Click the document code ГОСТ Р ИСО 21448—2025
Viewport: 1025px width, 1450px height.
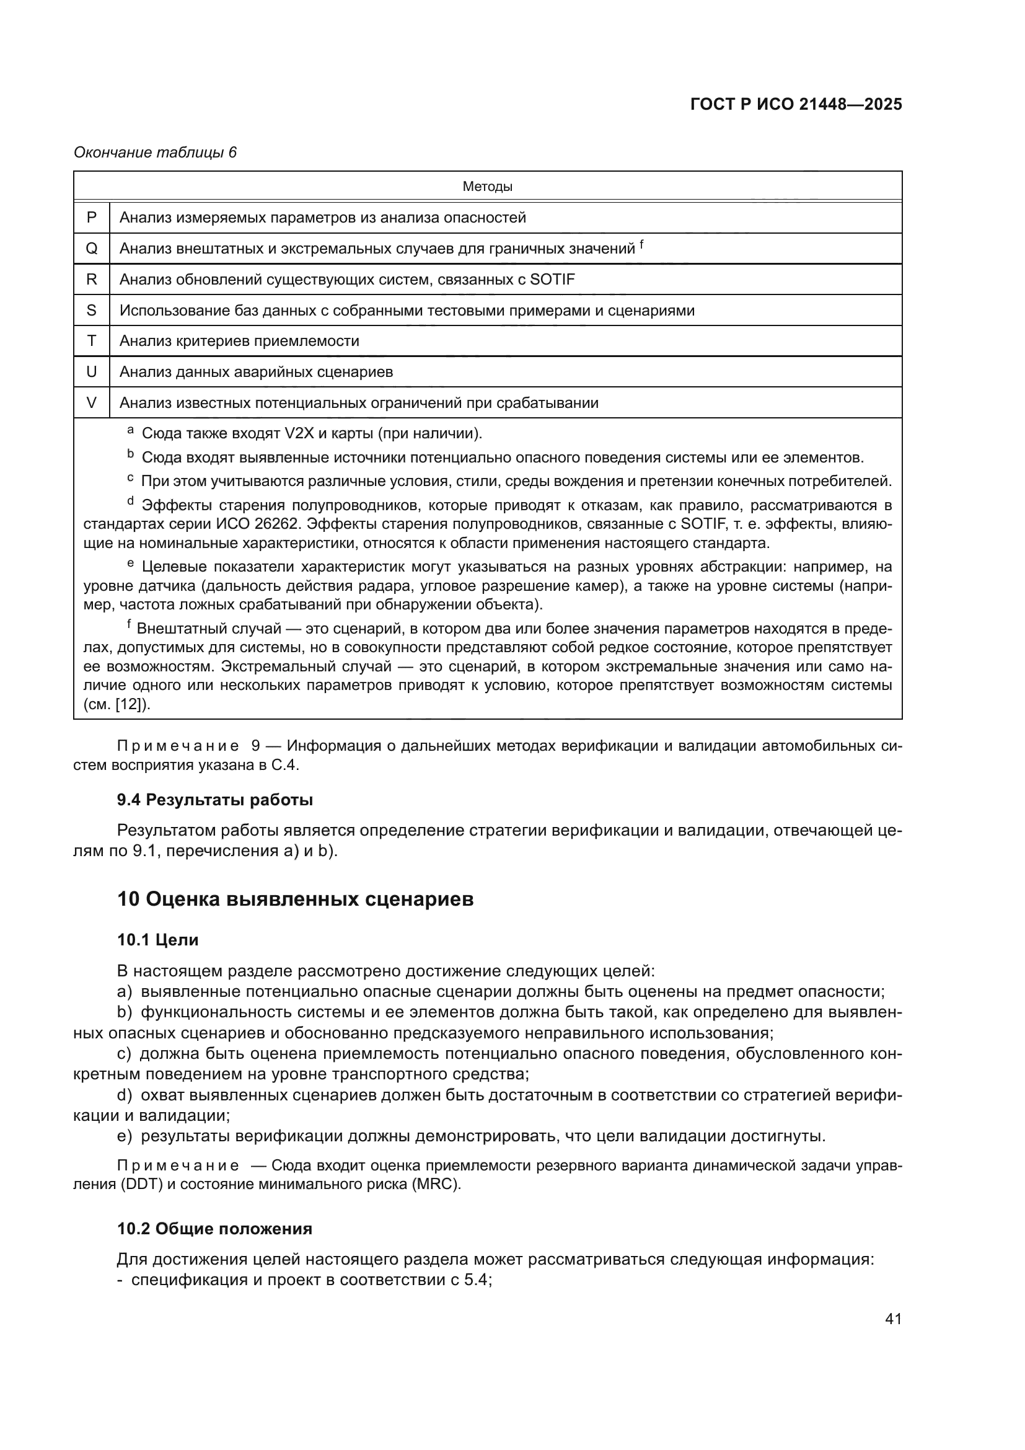(796, 104)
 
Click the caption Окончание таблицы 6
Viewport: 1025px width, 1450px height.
(156, 153)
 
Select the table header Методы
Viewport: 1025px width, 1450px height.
(487, 187)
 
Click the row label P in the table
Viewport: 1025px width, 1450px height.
(92, 217)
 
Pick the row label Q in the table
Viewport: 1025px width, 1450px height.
(92, 248)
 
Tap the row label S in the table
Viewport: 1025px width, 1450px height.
(92, 310)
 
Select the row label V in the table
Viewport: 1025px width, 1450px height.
(92, 402)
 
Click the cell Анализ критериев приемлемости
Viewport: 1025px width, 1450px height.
(239, 341)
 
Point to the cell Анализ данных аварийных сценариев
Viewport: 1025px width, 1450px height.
(257, 372)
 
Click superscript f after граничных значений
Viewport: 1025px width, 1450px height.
(642, 244)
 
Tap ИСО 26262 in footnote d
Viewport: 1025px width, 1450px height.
(261, 524)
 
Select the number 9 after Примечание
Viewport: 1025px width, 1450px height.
(255, 746)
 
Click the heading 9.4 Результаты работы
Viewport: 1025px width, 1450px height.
(214, 800)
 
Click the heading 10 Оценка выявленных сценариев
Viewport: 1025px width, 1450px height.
(295, 900)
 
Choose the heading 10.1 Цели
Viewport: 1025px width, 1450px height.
(158, 940)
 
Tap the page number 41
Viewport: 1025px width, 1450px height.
(893, 1319)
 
